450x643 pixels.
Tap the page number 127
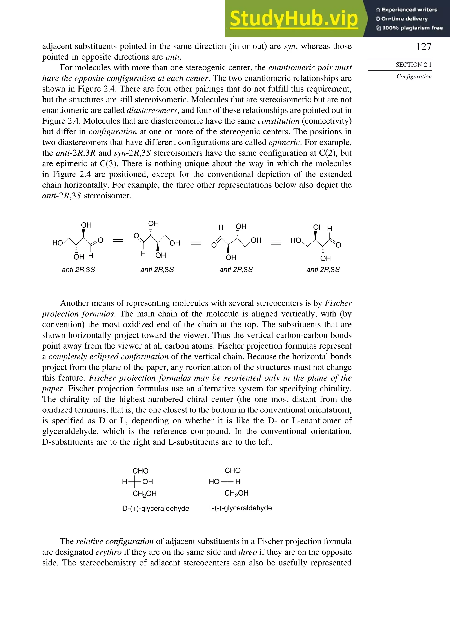pos(423,47)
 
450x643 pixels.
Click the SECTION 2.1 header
pos(413,65)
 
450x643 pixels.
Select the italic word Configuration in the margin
pos(414,76)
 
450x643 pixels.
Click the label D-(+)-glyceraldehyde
pos(156,508)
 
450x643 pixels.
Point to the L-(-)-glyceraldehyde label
pos(240,508)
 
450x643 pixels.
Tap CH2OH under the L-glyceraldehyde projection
pos(236,493)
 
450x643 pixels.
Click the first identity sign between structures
pos(118,241)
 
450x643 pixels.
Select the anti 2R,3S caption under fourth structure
pos(323,270)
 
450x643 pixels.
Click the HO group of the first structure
pos(58,243)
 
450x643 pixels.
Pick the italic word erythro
pos(108,552)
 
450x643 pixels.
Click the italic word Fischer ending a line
pos(338,303)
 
